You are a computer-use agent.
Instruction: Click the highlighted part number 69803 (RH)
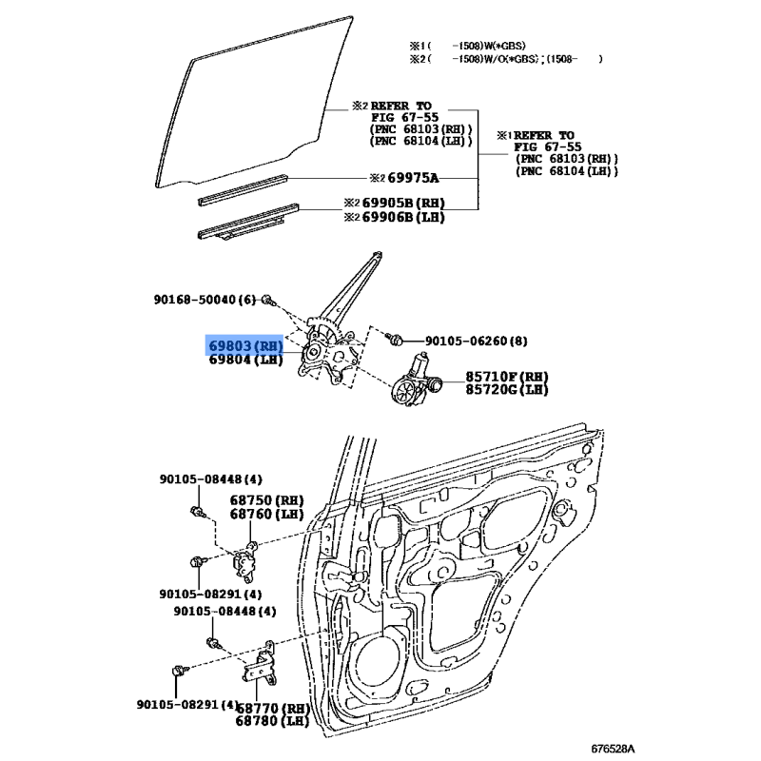click(245, 346)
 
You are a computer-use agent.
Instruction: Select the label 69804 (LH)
click(245, 360)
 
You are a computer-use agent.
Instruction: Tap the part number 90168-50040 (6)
click(205, 300)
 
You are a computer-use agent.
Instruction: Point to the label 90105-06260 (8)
click(477, 341)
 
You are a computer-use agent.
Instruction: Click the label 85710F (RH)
click(507, 377)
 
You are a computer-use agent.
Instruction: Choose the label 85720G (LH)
click(507, 389)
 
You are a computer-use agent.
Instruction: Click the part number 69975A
click(413, 178)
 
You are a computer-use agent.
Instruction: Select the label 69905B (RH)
click(403, 203)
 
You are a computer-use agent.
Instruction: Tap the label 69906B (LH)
click(403, 217)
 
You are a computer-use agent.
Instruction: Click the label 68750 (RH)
click(266, 500)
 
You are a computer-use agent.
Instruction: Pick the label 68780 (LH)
click(272, 721)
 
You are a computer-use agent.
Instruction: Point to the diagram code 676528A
click(613, 749)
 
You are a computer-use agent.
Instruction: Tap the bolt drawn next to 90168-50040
click(268, 301)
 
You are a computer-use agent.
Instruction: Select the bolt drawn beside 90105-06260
click(394, 339)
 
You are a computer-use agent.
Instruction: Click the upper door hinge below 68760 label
click(245, 562)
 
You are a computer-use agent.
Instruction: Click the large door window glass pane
click(252, 105)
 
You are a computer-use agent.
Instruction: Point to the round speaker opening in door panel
click(380, 661)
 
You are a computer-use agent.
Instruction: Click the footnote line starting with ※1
click(467, 46)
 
